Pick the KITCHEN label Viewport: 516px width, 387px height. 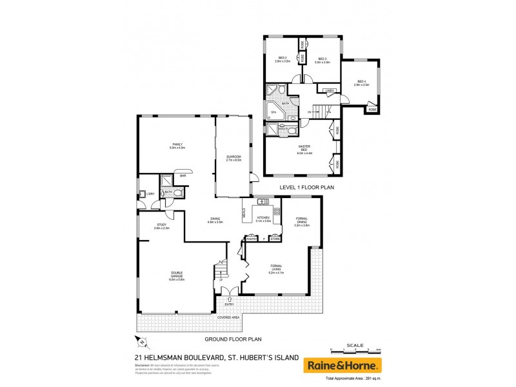(x=263, y=219)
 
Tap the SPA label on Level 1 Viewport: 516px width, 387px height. (x=273, y=112)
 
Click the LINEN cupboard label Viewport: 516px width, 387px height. (x=329, y=90)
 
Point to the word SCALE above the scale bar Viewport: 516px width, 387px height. (x=356, y=344)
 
